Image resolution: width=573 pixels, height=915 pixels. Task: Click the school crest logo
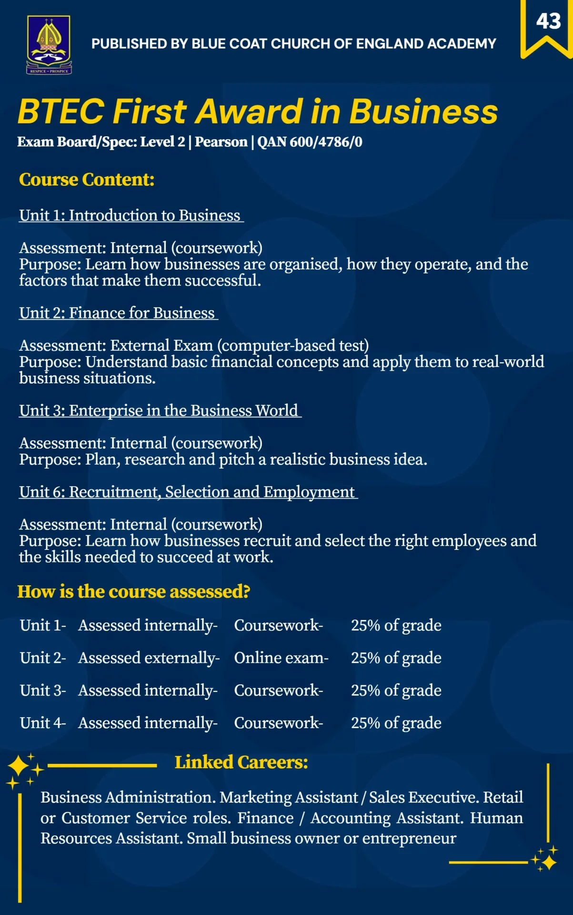tap(49, 44)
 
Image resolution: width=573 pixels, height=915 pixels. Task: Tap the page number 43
tap(548, 21)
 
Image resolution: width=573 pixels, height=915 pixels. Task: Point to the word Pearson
tap(221, 142)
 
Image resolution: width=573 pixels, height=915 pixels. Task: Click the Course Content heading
tap(87, 180)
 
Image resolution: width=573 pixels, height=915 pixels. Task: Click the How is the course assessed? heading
tap(134, 591)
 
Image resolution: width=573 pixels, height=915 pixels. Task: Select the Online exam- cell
tap(281, 658)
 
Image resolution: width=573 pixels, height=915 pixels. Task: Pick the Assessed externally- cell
tap(149, 658)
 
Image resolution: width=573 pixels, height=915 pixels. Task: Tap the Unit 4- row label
tap(43, 723)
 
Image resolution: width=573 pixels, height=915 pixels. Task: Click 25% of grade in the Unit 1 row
tap(396, 625)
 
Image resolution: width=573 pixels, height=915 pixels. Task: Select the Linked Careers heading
tap(241, 762)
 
